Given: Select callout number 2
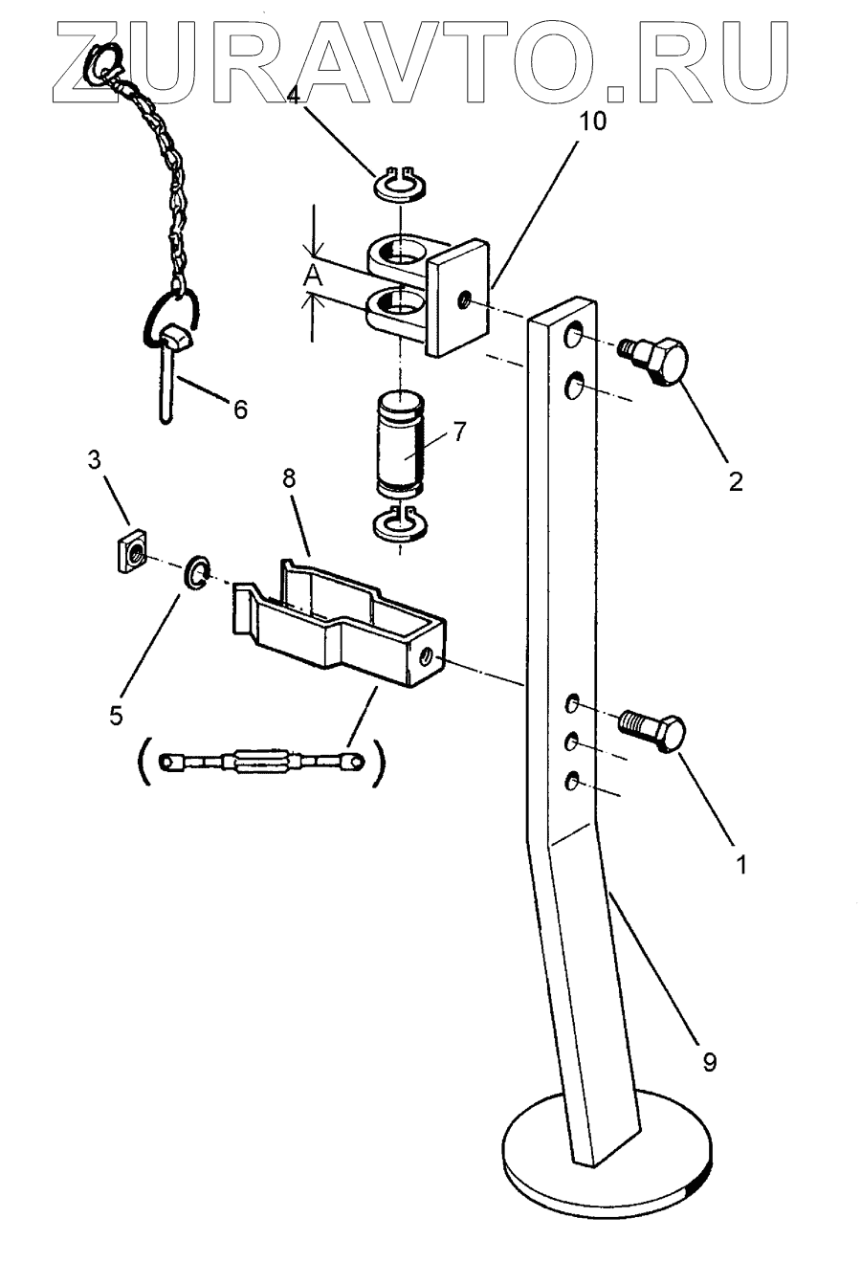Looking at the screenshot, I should pos(735,480).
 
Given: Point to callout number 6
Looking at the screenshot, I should pos(239,410).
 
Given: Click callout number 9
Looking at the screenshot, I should pos(709,1060).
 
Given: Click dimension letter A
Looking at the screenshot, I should pos(312,277).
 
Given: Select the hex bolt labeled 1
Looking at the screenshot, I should pos(654,733).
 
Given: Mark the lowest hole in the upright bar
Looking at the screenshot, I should pos(572,782).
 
